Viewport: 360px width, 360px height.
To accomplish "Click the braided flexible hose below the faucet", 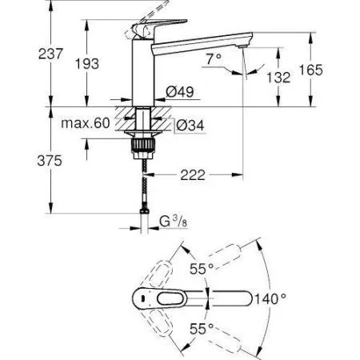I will (x=144, y=184).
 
